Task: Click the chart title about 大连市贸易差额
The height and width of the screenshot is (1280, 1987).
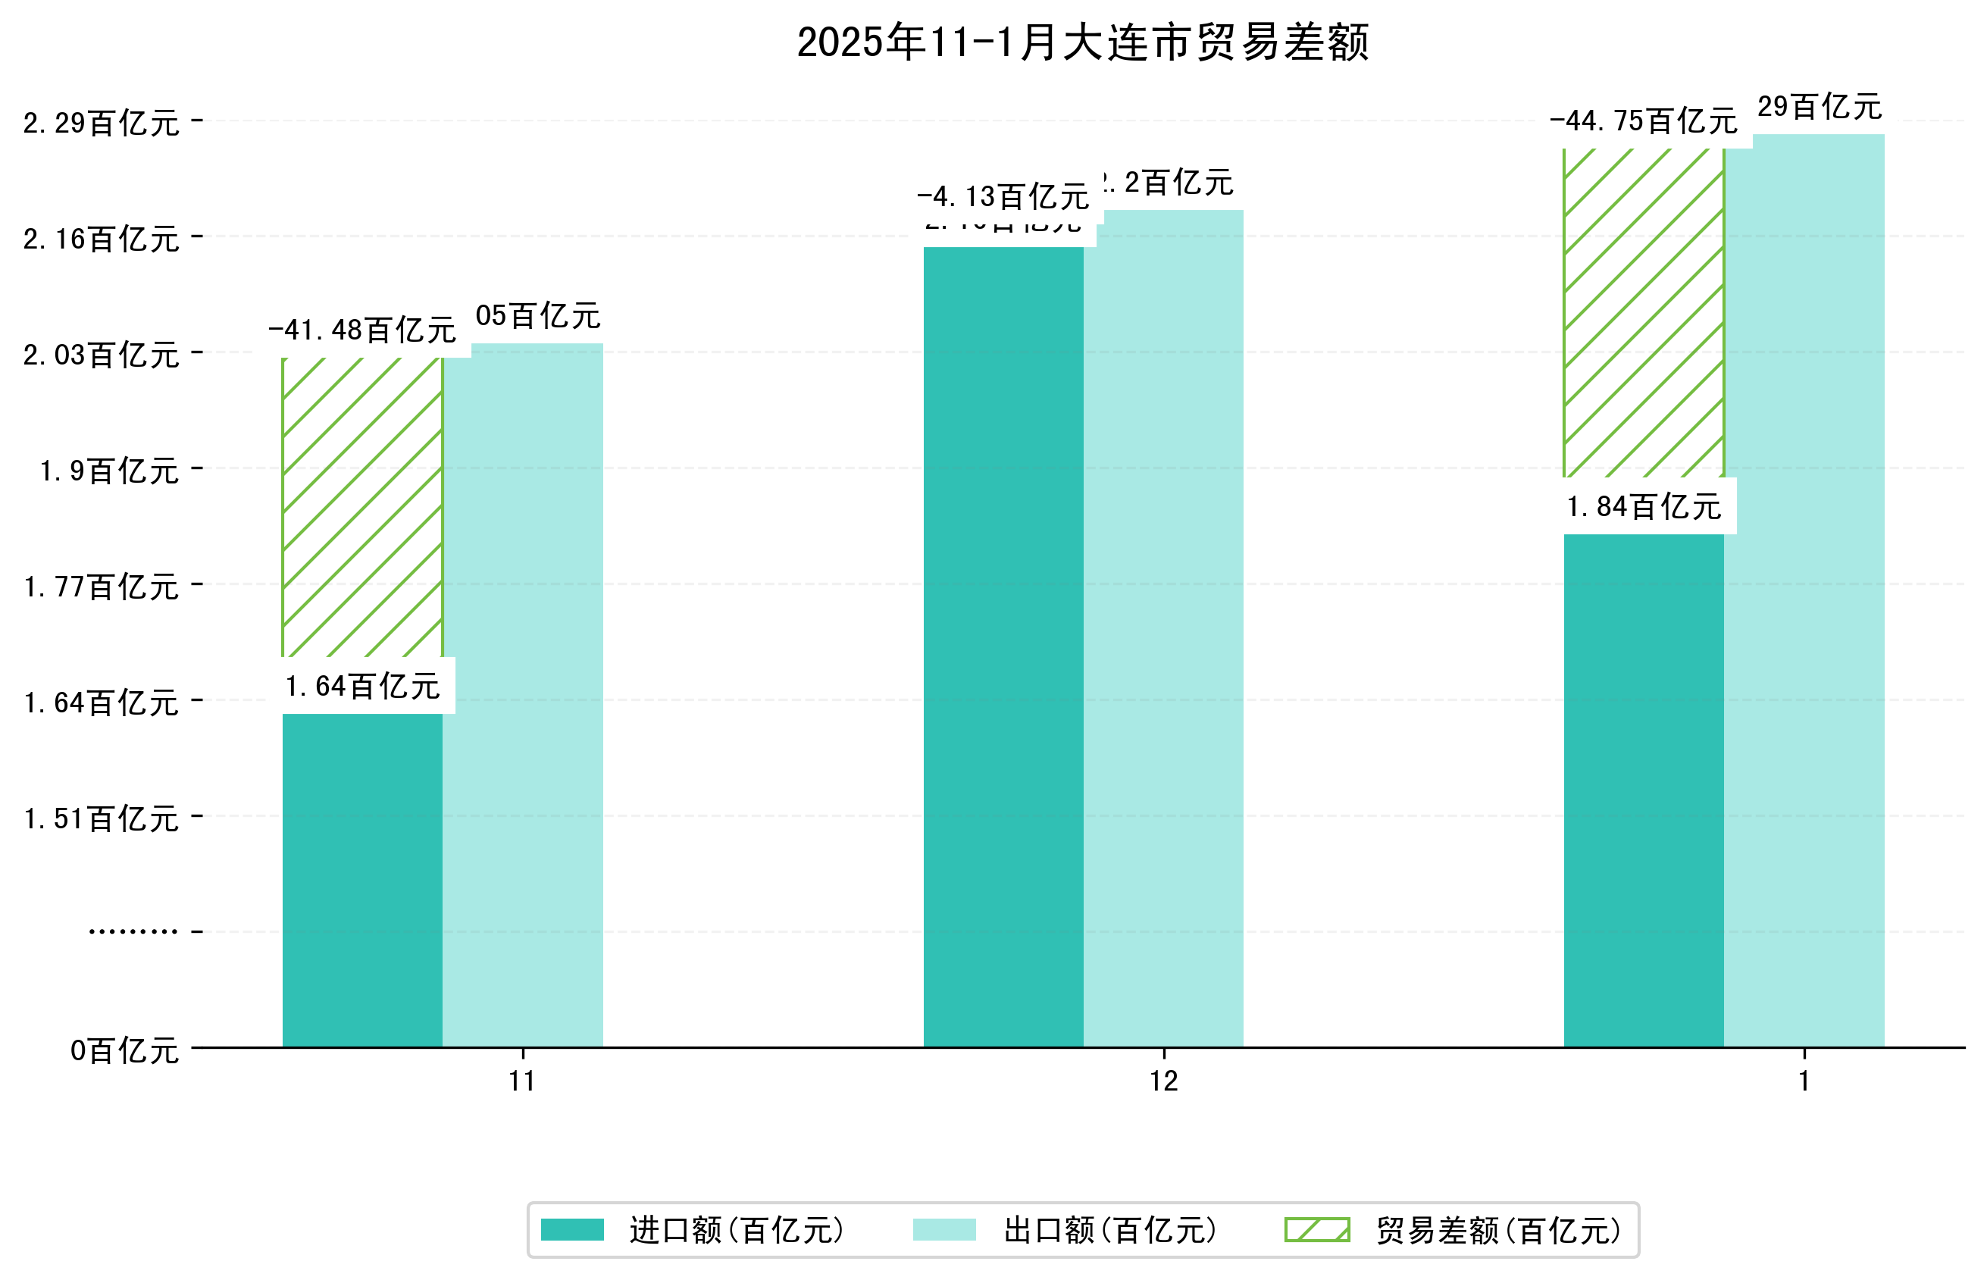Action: pos(1082,42)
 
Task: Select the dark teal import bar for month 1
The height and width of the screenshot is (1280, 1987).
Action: pos(1643,790)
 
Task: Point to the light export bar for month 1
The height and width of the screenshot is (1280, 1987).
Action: pos(1804,590)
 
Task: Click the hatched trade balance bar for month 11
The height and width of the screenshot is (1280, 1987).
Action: pos(362,507)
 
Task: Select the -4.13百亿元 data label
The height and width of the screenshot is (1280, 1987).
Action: pos(1003,197)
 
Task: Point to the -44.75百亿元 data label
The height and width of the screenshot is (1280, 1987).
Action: pos(1643,121)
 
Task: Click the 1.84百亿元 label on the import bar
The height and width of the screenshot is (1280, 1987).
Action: pos(1643,506)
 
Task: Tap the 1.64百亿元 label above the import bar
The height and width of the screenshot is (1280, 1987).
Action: pos(362,687)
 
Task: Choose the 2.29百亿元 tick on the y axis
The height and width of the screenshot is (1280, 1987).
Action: pos(102,123)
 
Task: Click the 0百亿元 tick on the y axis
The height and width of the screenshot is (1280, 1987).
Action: pos(124,1050)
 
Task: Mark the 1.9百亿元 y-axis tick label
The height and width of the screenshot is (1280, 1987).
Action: pos(110,471)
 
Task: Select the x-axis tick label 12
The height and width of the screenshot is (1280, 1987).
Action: pos(1163,1081)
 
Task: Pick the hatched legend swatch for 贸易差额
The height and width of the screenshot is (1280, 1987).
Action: pos(1316,1229)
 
